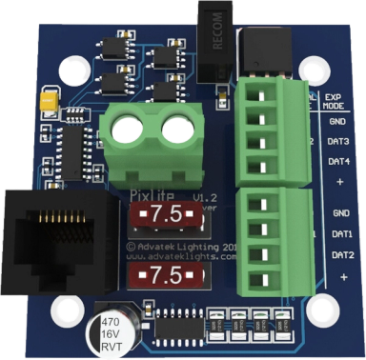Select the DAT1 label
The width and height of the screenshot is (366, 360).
click(341, 234)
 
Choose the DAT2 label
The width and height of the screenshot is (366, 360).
click(341, 255)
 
